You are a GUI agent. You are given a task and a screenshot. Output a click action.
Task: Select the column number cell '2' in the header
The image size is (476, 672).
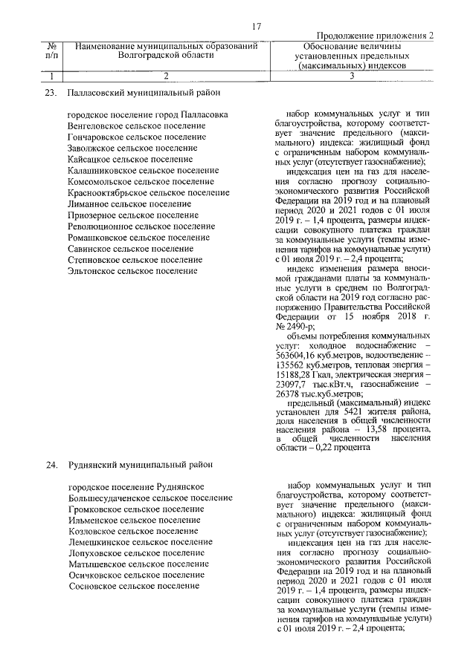[x=166, y=76]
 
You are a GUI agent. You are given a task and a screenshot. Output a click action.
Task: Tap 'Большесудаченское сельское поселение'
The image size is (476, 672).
[x=149, y=498]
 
